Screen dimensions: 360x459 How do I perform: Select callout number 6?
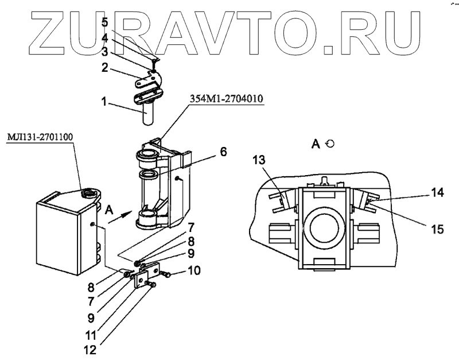223,152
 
